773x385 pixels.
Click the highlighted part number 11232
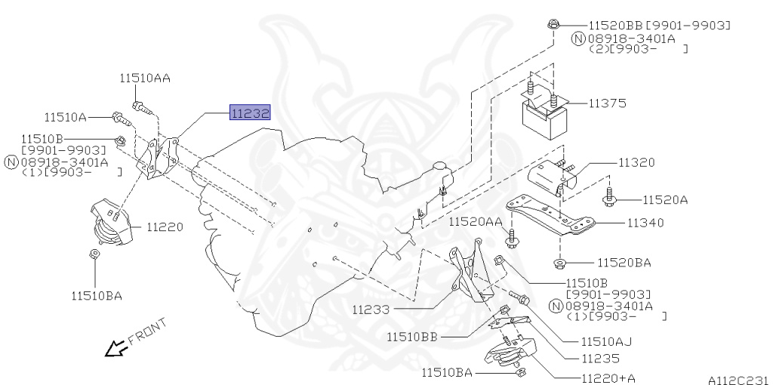click(x=251, y=113)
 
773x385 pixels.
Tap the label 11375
click(x=608, y=103)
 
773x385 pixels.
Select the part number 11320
click(x=636, y=162)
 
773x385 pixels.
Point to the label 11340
click(x=645, y=223)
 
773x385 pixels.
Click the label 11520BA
click(x=624, y=262)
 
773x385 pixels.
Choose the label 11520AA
click(x=476, y=223)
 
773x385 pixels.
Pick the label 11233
click(x=371, y=310)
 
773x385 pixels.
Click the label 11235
click(x=600, y=359)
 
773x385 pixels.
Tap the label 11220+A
click(x=608, y=378)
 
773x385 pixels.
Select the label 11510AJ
click(x=606, y=341)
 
